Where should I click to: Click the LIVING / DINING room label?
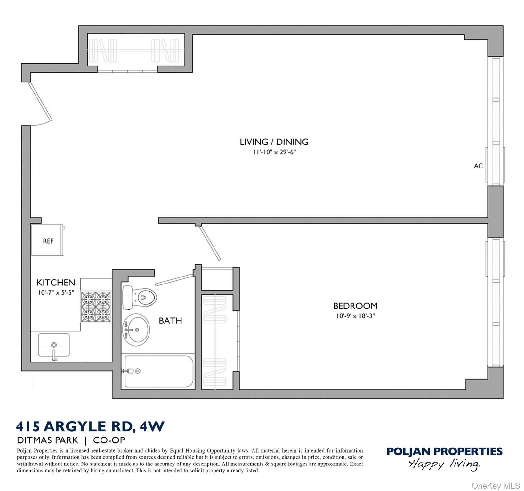pyautogui.click(x=274, y=142)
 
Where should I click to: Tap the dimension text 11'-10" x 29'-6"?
pyautogui.click(x=274, y=152)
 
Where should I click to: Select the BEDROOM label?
pyautogui.click(x=355, y=306)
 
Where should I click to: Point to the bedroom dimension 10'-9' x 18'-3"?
pyautogui.click(x=355, y=316)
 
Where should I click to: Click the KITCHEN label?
pyautogui.click(x=56, y=283)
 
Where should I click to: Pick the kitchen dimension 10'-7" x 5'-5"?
pyautogui.click(x=56, y=292)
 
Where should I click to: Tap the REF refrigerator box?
pyautogui.click(x=48, y=240)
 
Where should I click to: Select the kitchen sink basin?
pyautogui.click(x=54, y=345)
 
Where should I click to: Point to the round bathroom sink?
pyautogui.click(x=136, y=330)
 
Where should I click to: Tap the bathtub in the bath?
pyautogui.click(x=159, y=371)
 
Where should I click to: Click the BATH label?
pyautogui.click(x=170, y=321)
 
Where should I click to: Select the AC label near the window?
pyautogui.click(x=478, y=166)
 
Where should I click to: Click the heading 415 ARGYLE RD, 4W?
pyautogui.click(x=90, y=426)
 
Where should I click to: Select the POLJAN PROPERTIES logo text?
pyautogui.click(x=444, y=451)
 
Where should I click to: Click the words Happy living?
pyautogui.click(x=444, y=464)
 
